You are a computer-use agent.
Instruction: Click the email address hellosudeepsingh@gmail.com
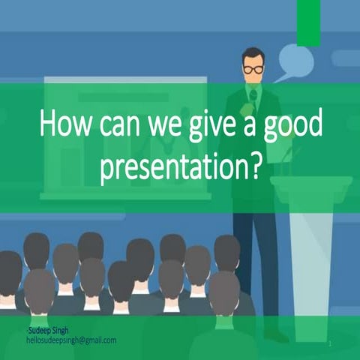click(x=70, y=340)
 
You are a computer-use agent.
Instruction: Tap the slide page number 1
click(x=329, y=343)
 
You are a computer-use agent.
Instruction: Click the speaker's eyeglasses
click(x=253, y=69)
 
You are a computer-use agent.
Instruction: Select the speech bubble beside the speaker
click(x=295, y=61)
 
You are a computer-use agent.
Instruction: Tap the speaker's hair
click(x=253, y=54)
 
